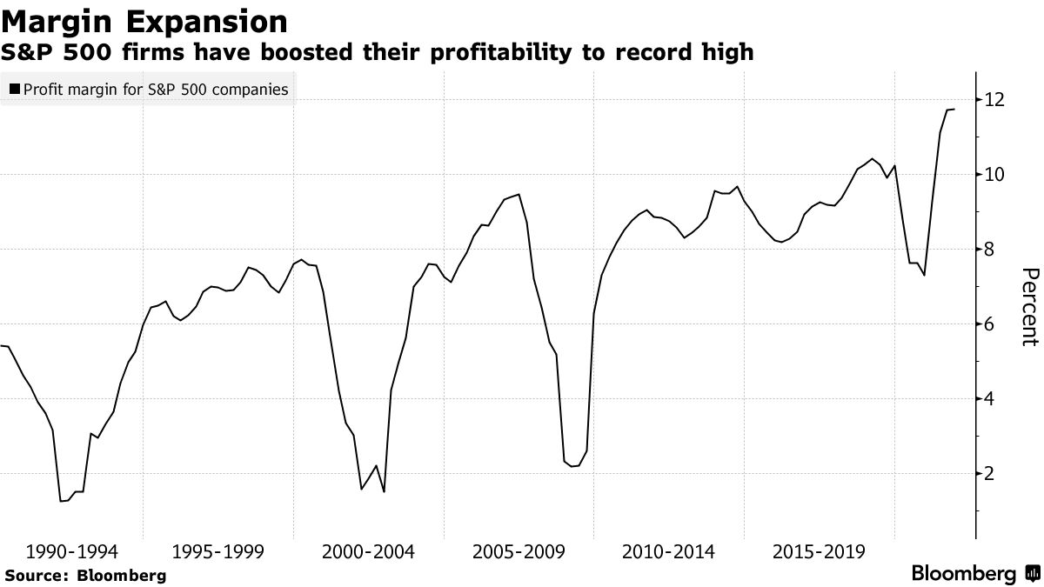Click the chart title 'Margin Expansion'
[x=145, y=21]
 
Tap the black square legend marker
[x=14, y=90]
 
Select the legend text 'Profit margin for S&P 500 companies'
[x=156, y=90]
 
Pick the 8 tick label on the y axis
[x=988, y=250]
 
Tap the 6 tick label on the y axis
[x=988, y=324]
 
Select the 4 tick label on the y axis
[x=988, y=399]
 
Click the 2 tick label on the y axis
[x=988, y=474]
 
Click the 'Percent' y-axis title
[x=1027, y=307]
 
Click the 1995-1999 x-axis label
[x=219, y=551]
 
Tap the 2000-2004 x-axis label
[x=369, y=551]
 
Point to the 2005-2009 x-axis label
[x=519, y=551]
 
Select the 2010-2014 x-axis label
[x=668, y=551]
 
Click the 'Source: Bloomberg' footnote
[x=85, y=575]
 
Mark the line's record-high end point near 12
[x=954, y=110]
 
